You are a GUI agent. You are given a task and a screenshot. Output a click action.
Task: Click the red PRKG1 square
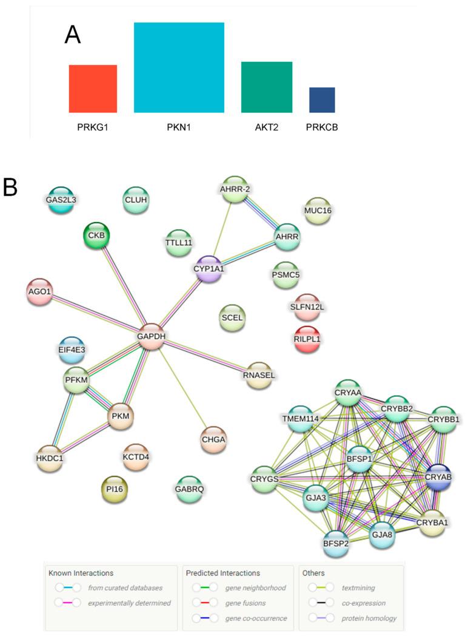pos(93,89)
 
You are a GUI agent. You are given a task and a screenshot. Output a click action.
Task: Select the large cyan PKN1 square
pos(179,67)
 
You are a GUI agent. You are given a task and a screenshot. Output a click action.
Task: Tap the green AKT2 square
pos(266,87)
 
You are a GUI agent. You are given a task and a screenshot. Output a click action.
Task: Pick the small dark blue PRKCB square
pos(321,100)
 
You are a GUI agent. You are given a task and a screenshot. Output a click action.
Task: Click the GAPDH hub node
pos(152,336)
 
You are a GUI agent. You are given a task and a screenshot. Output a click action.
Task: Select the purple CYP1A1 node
pos(209,268)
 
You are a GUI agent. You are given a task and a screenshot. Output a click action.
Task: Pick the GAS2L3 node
pos(61,199)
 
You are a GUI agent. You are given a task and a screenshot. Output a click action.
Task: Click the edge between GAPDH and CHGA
pos(182,389)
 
